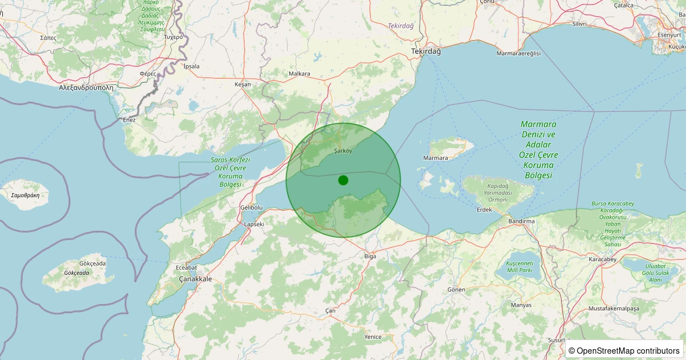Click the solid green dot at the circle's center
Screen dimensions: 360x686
click(343, 180)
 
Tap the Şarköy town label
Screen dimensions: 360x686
click(343, 151)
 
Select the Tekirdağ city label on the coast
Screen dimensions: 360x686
click(426, 51)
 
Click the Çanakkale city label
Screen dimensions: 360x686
click(196, 279)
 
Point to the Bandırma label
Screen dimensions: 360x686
click(521, 221)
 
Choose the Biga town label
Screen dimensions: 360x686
click(370, 256)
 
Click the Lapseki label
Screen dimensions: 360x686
click(254, 224)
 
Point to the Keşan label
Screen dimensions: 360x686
click(243, 84)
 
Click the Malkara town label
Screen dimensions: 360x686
click(300, 74)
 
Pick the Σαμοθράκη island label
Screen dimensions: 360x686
click(25, 195)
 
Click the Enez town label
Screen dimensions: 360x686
click(129, 120)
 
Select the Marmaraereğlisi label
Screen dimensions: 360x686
click(519, 53)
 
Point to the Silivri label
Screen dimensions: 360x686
click(580, 24)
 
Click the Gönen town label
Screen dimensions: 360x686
click(457, 290)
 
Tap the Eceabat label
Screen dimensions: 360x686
click(186, 267)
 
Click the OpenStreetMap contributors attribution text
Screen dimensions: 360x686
click(624, 350)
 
